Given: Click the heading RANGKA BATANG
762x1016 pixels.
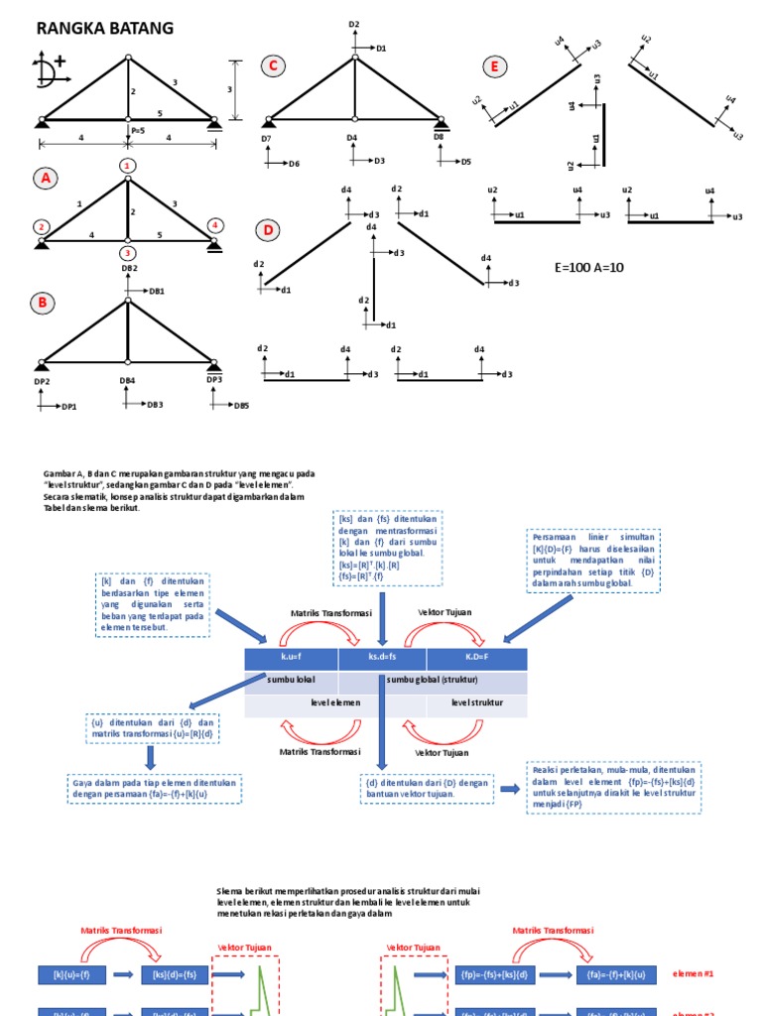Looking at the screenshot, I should pyautogui.click(x=105, y=29).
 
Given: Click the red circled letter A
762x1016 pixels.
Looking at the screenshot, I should pyautogui.click(x=44, y=179).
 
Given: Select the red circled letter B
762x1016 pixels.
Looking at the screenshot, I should pyautogui.click(x=43, y=303).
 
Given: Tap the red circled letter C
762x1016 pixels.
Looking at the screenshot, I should pyautogui.click(x=272, y=66).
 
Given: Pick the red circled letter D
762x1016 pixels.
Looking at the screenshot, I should pyautogui.click(x=267, y=230).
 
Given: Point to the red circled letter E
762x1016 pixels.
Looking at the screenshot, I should pyautogui.click(x=493, y=66).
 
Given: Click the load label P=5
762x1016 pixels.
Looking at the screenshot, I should pyautogui.click(x=136, y=130).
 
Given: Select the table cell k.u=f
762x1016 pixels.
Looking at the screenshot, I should pyautogui.click(x=291, y=659).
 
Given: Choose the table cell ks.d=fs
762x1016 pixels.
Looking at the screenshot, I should pyautogui.click(x=382, y=659).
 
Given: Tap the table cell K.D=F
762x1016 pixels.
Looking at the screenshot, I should pyautogui.click(x=476, y=659).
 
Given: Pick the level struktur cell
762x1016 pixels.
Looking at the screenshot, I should pyautogui.click(x=476, y=702).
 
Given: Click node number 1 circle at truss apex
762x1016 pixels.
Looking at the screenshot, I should pyautogui.click(x=127, y=164).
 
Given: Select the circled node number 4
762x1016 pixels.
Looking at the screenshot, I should pyautogui.click(x=214, y=225).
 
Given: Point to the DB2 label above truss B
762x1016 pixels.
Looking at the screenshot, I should pyautogui.click(x=129, y=269).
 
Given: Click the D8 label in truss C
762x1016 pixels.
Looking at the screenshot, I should pyautogui.click(x=439, y=138).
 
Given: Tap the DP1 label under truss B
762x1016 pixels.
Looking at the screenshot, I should pyautogui.click(x=42, y=382).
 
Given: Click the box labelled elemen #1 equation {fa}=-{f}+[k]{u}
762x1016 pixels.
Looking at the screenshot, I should pyautogui.click(x=607, y=975).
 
